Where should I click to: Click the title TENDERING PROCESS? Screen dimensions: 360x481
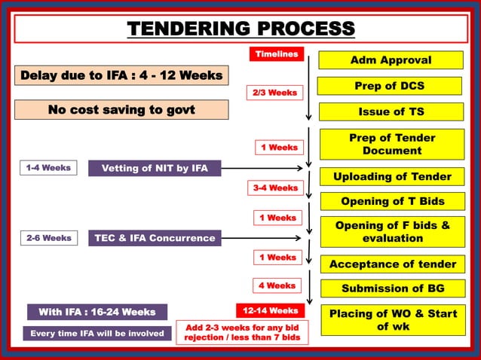[240, 29]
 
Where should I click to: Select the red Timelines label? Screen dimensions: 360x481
[276, 54]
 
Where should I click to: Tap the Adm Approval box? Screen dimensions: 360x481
[391, 60]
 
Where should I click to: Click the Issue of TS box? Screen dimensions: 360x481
[391, 111]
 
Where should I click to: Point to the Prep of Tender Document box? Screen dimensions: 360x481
[391, 145]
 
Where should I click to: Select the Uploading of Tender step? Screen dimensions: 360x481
[392, 177]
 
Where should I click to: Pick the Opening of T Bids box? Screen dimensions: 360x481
[392, 201]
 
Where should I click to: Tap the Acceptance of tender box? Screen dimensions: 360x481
[392, 264]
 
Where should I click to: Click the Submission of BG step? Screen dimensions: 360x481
[392, 288]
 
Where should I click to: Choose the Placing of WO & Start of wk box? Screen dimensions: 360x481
[392, 319]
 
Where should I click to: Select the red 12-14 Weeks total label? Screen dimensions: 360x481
[270, 310]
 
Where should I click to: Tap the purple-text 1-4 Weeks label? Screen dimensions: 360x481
[47, 168]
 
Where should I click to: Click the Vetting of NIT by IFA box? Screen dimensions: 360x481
[155, 168]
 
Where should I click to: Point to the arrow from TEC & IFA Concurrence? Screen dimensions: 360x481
[264, 238]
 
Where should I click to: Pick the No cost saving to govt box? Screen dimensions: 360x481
[121, 110]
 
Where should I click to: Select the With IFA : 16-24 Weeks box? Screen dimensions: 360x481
[97, 312]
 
